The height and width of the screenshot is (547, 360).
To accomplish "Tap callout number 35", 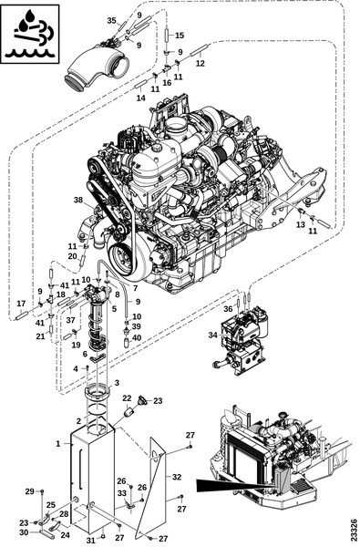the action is pyautogui.click(x=111, y=20).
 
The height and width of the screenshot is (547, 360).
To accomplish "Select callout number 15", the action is pyautogui.click(x=180, y=36).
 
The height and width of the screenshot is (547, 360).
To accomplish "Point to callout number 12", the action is pyautogui.click(x=201, y=64).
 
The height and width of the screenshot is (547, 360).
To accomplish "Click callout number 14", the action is pyautogui.click(x=140, y=98).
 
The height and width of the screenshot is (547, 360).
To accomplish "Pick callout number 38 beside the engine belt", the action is pyautogui.click(x=79, y=200).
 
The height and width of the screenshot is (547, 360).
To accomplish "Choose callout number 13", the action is pyautogui.click(x=301, y=224).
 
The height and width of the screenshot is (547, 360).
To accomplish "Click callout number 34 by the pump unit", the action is pyautogui.click(x=212, y=335).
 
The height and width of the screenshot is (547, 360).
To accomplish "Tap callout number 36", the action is pyautogui.click(x=228, y=309).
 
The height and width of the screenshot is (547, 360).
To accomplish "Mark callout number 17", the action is pyautogui.click(x=21, y=304).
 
